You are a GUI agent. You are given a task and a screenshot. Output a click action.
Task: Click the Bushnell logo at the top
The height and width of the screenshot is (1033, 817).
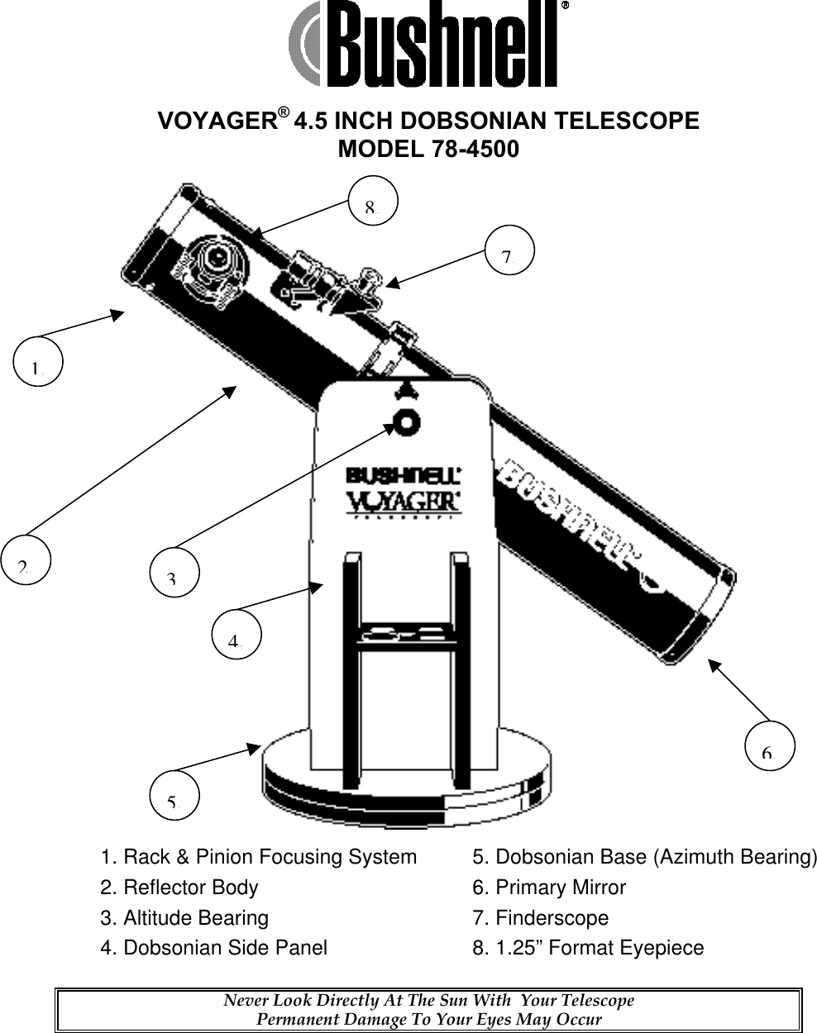point(428,44)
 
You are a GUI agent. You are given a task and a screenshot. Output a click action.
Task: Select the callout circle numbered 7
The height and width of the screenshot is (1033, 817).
point(509,251)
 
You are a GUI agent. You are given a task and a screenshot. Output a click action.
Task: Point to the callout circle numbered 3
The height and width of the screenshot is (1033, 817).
point(174,571)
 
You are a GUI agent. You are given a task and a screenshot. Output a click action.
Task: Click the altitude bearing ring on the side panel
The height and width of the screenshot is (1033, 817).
point(406,421)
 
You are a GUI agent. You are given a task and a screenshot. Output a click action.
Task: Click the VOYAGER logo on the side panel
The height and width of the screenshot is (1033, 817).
point(404,502)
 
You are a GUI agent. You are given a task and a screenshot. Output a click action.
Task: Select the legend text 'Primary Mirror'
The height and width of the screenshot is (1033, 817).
point(560,888)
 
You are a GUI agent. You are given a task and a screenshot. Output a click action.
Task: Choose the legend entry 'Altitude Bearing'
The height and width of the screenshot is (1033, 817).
point(195,918)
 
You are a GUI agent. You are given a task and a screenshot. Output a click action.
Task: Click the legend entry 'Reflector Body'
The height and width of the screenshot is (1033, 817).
point(190,888)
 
